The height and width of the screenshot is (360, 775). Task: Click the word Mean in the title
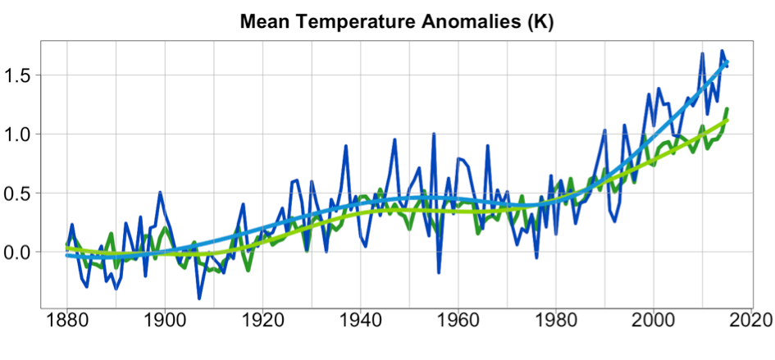tap(265, 22)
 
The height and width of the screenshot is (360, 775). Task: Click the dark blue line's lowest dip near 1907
tap(198, 298)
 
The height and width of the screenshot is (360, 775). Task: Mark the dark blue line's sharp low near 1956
tap(439, 272)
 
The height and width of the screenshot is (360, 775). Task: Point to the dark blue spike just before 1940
tap(346, 146)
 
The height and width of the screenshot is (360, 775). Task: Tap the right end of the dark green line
tap(727, 109)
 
